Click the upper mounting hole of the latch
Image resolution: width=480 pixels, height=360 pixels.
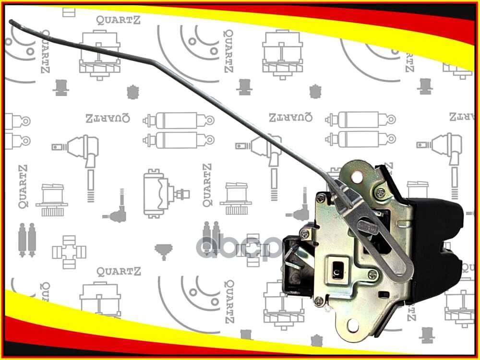click(357, 177)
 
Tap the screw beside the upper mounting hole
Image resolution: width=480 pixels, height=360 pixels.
click(380, 193)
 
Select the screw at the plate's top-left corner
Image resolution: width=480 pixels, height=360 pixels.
click(321, 198)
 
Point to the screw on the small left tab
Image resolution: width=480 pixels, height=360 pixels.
click(304, 234)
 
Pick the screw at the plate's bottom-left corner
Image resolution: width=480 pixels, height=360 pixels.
click(319, 301)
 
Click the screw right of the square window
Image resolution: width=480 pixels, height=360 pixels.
click(372, 275)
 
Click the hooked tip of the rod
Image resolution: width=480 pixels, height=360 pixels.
click(12, 22)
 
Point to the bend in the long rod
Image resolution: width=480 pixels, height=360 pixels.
click(153, 61)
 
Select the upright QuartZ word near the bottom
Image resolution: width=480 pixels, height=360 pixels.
click(119, 272)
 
